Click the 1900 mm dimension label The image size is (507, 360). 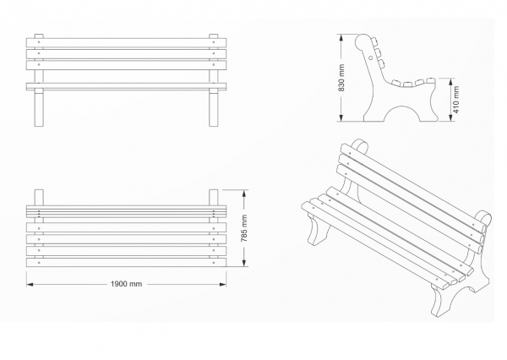coord(126,284)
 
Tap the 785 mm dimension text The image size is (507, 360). coord(244,228)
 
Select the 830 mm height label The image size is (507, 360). coord(341,78)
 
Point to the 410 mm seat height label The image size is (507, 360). coord(456,100)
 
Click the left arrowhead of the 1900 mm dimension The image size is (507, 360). coord(30,284)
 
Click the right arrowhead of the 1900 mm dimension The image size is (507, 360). coord(223,284)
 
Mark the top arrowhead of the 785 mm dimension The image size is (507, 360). coord(244,194)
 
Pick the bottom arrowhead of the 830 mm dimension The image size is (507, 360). coord(341,117)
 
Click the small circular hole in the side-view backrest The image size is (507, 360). coord(371,58)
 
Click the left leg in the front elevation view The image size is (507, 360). coord(39,108)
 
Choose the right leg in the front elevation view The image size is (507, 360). coord(214,108)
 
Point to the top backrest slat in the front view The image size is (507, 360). coord(126,43)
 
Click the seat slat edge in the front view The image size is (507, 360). coord(126,86)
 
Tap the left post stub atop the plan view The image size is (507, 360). coord(39,197)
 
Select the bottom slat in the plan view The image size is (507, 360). coord(126,262)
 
